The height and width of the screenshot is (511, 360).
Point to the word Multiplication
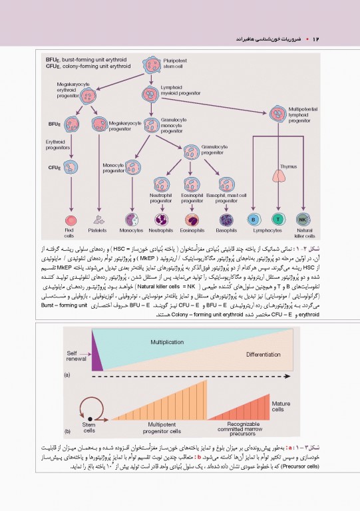[167, 341]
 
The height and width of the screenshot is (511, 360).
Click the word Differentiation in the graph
[264, 355]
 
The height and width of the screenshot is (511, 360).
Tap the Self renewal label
[77, 356]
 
